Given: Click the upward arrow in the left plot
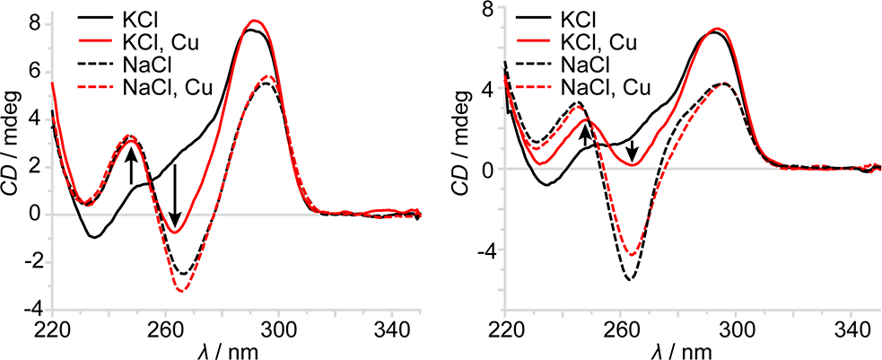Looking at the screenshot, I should [132, 166].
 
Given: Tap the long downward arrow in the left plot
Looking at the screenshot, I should [176, 194].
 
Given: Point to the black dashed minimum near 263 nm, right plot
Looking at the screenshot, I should [629, 280].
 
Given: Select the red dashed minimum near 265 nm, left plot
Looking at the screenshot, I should [181, 291].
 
